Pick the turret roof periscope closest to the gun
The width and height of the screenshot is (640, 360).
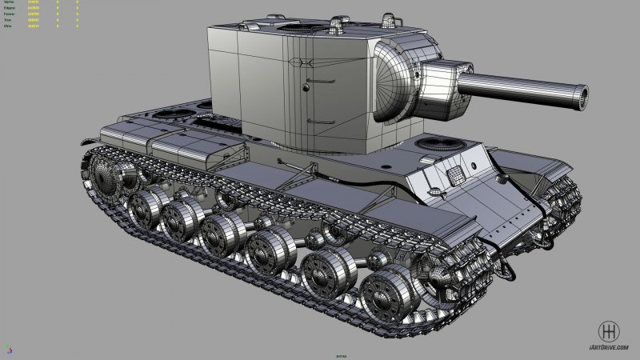[390, 18]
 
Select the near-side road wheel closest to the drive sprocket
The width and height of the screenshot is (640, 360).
[146, 208]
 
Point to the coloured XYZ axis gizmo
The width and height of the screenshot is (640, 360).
[8, 349]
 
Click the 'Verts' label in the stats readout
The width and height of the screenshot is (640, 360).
[9, 3]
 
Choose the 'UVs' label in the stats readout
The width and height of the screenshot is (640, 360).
[8, 26]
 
